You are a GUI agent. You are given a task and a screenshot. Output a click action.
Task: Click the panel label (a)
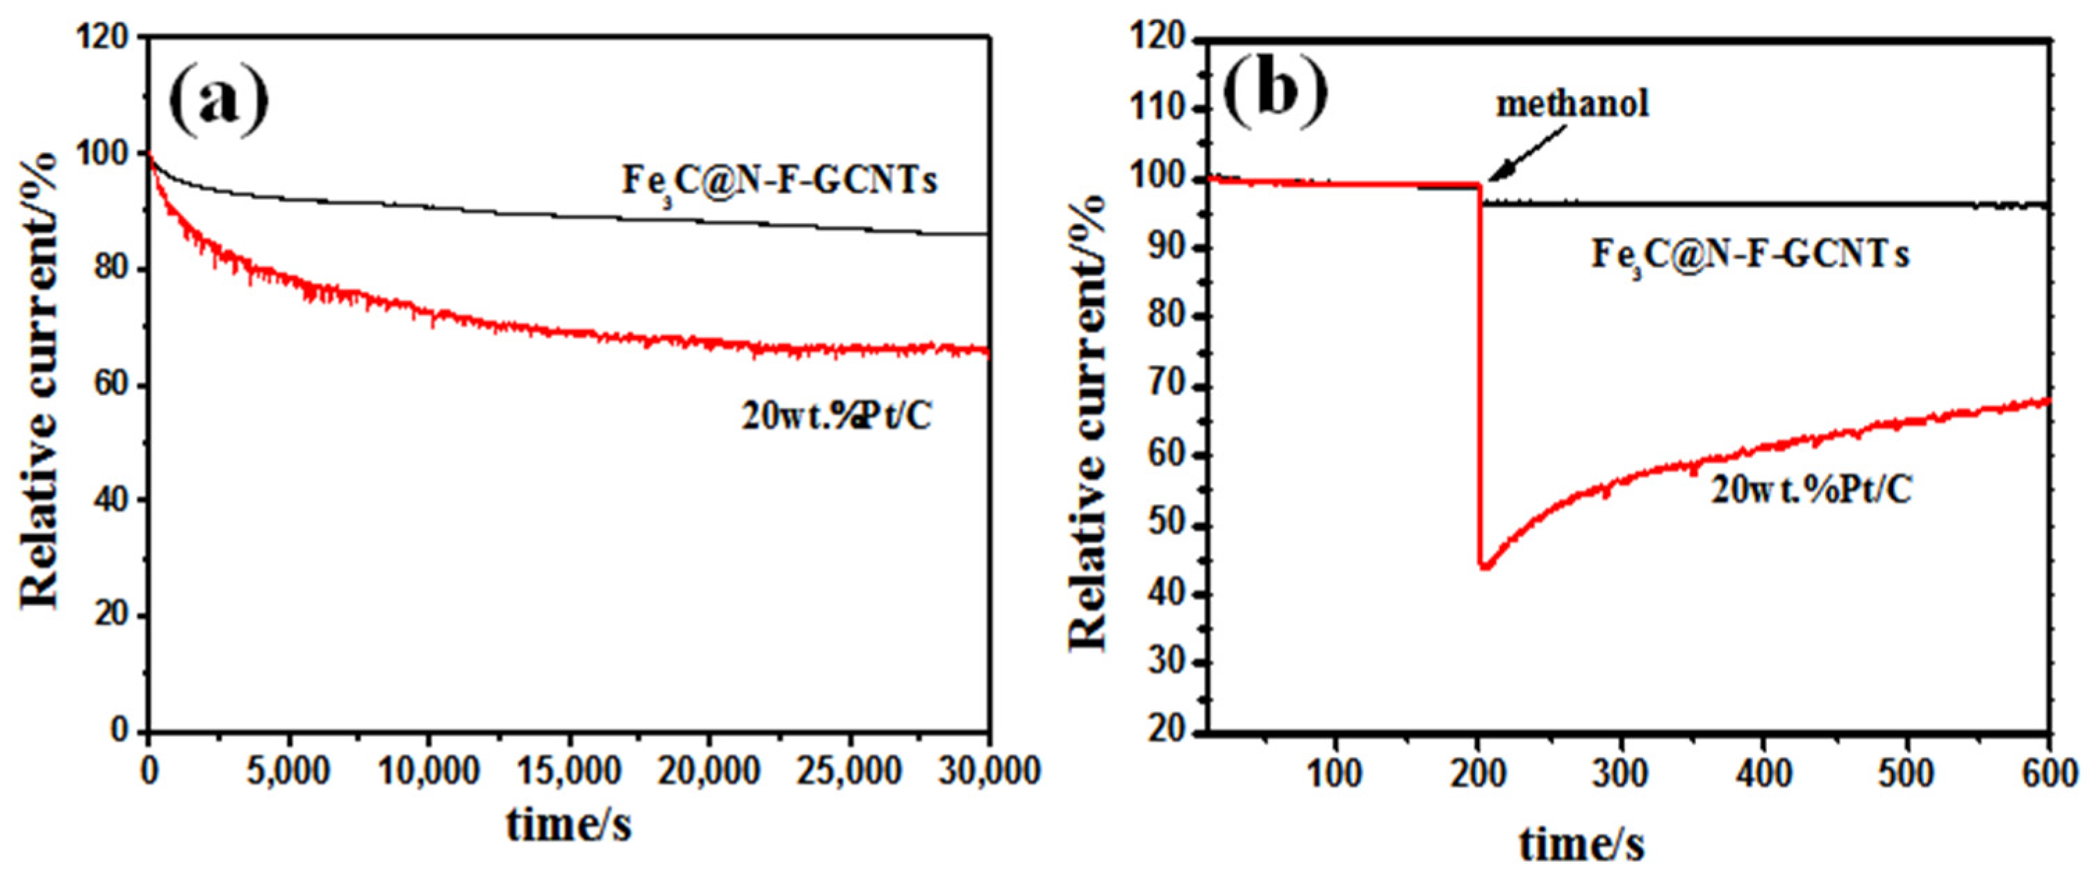217,102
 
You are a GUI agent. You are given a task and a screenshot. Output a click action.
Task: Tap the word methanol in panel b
1572,104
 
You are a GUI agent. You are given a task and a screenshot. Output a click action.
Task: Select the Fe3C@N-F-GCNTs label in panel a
779,181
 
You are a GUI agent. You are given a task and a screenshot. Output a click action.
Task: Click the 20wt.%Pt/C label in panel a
836,416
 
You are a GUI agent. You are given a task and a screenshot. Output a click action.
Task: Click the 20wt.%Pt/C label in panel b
1811,490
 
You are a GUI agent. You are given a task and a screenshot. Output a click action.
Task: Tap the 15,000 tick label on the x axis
568,770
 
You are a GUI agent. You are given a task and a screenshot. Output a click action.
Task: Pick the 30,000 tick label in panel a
989,770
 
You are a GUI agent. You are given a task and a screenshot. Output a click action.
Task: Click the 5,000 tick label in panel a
288,770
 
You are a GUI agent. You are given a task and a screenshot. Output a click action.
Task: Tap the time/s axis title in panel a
568,824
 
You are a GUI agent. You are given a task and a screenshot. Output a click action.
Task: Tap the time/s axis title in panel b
1581,844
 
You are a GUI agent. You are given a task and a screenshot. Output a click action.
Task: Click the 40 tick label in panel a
111,500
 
